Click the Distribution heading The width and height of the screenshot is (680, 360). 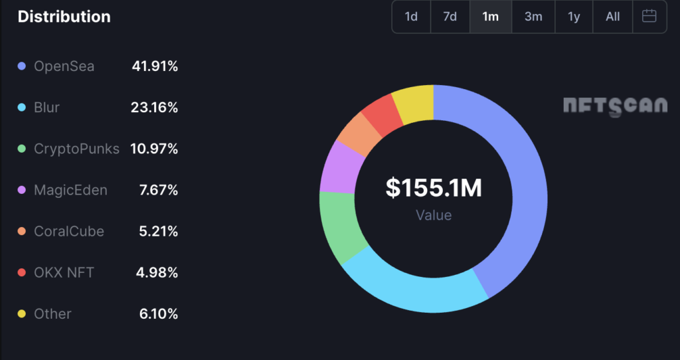point(64,17)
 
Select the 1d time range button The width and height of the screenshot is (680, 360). point(411,17)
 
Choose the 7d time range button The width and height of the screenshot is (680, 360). point(450,17)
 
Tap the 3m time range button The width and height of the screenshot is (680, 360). point(533,17)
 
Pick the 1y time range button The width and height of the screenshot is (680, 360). point(574,17)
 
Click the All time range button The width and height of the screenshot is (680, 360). point(612,17)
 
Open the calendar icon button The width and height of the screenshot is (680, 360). point(649,17)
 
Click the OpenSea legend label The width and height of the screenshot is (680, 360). point(64,66)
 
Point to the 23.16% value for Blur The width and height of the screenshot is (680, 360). point(154,108)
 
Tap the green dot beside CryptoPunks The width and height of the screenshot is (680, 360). point(22,149)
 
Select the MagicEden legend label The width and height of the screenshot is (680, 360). point(70,190)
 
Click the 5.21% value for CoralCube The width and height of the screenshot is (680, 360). point(158,231)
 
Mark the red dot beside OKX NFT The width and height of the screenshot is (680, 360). point(22,272)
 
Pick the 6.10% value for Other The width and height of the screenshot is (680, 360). point(158,314)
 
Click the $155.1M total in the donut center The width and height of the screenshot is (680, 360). point(434,189)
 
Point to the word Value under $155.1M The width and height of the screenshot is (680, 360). point(434,215)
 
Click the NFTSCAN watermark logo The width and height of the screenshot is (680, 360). point(615,106)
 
